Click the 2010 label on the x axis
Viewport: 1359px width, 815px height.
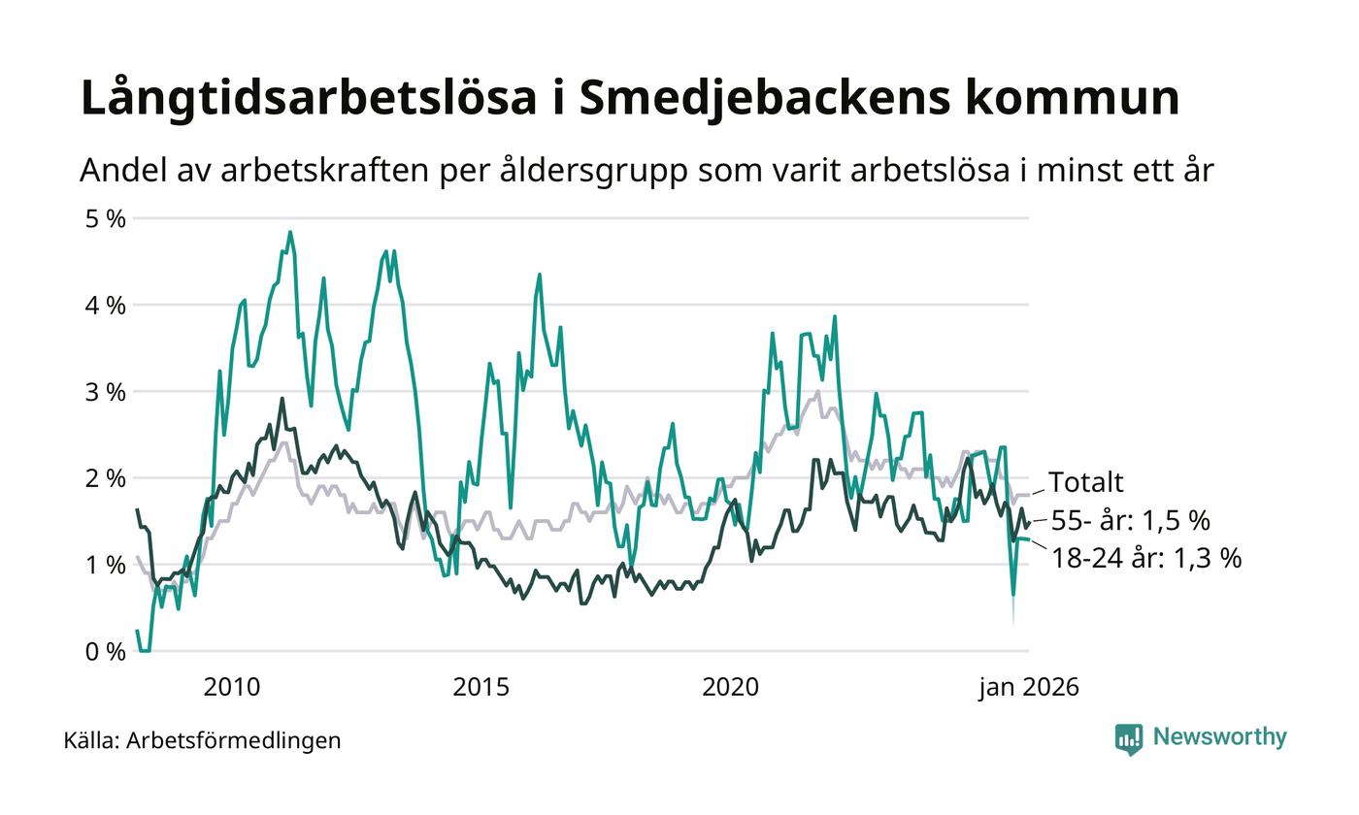232,687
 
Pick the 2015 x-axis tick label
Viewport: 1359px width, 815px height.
481,687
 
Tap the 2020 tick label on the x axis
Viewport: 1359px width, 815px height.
730,687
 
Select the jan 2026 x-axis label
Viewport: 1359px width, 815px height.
1028,687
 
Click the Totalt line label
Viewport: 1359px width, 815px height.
1085,482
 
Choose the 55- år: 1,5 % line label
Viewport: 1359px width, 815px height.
1130,521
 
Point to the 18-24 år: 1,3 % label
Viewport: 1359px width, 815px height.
1145,559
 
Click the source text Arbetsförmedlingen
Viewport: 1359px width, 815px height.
233,740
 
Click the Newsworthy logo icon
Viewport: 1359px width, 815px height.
1129,738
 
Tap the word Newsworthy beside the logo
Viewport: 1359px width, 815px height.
1219,737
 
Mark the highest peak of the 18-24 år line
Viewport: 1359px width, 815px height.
290,233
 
